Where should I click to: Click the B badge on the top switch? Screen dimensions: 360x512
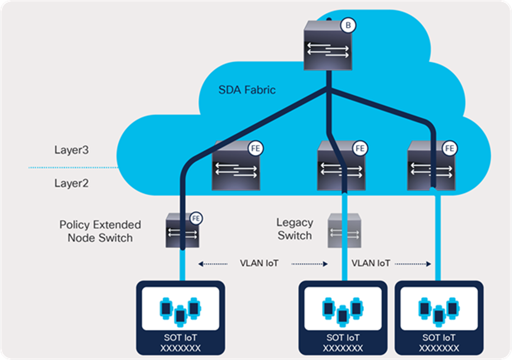click(347, 25)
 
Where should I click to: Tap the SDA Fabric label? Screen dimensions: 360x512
click(248, 90)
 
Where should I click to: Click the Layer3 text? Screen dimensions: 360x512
click(72, 149)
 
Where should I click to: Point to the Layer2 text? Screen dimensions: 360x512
click(72, 183)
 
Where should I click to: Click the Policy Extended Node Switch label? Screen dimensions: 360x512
click(100, 231)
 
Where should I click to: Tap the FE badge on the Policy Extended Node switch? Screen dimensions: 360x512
click(196, 219)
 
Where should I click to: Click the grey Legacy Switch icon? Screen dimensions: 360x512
click(345, 230)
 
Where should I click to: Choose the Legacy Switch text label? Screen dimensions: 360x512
click(295, 230)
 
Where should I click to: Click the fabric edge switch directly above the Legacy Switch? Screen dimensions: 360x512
click(341, 167)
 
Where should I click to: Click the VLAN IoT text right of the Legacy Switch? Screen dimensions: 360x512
click(371, 264)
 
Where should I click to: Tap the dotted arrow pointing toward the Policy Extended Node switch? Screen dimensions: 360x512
click(212, 264)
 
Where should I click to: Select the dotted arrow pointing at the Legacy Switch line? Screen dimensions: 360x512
click(309, 264)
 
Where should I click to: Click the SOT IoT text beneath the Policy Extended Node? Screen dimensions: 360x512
click(180, 337)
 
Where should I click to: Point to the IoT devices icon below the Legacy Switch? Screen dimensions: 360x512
click(342, 309)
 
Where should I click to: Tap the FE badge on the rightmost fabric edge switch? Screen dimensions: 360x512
click(450, 148)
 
